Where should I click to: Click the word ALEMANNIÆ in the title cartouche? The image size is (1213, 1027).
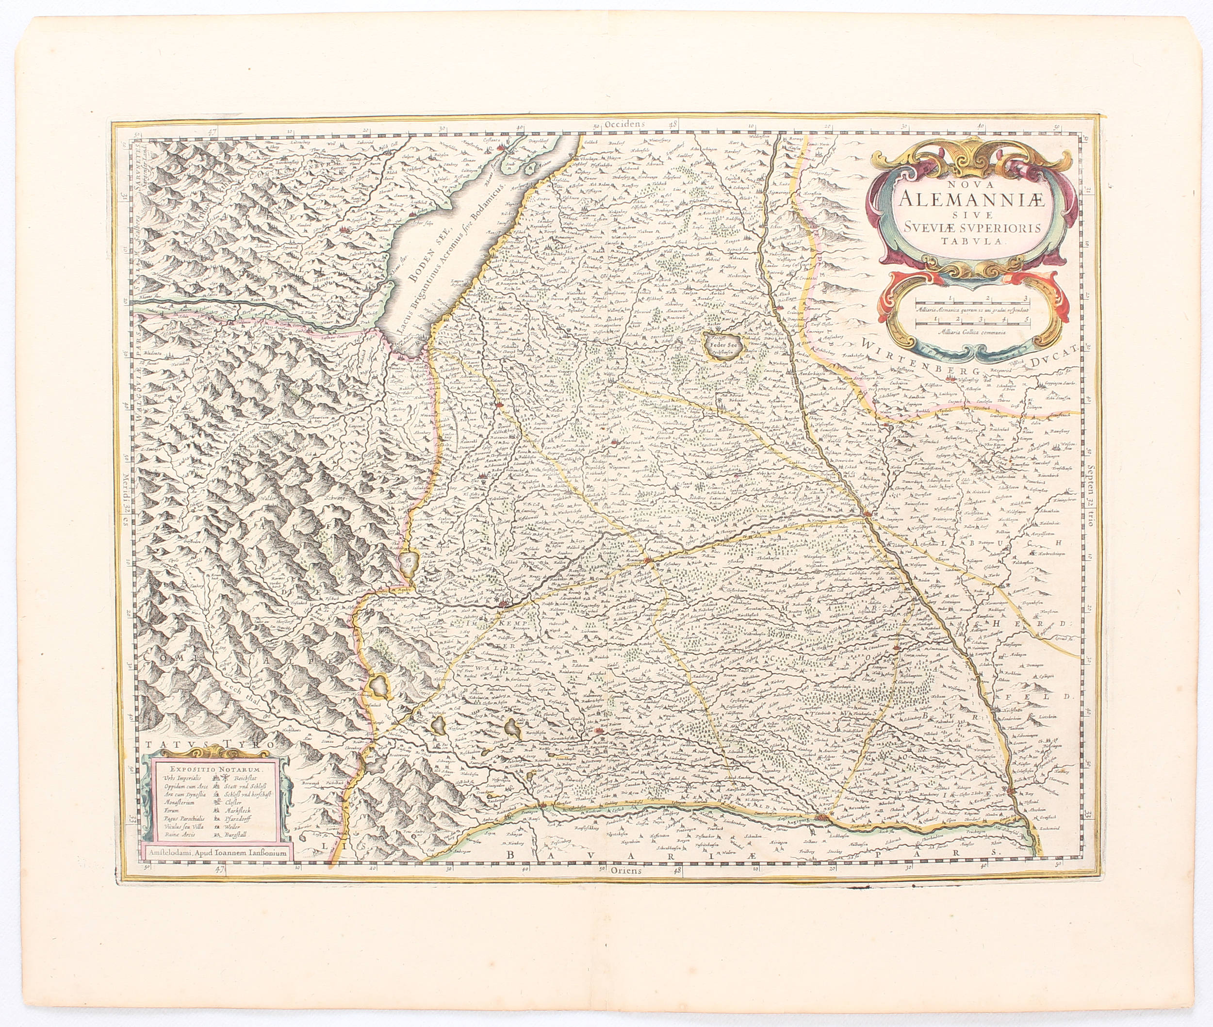pyautogui.click(x=969, y=201)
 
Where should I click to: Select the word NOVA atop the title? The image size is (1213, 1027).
pyautogui.click(x=968, y=183)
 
